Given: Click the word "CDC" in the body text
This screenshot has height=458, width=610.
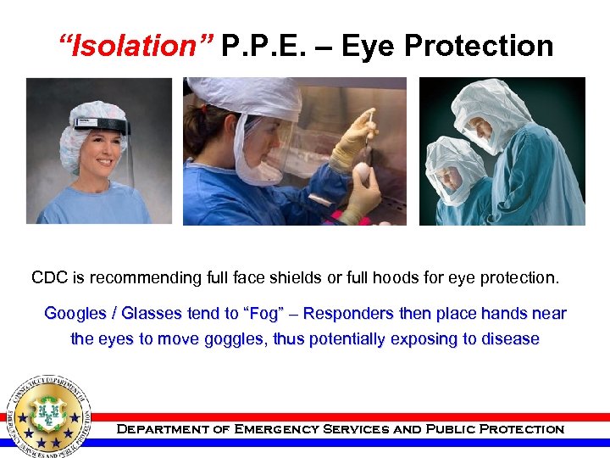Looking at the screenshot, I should pyautogui.click(x=50, y=277).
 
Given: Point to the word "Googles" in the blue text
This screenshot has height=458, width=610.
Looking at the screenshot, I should pyautogui.click(x=75, y=314).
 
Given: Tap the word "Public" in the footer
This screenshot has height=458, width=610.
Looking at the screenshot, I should pyautogui.click(x=446, y=429).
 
